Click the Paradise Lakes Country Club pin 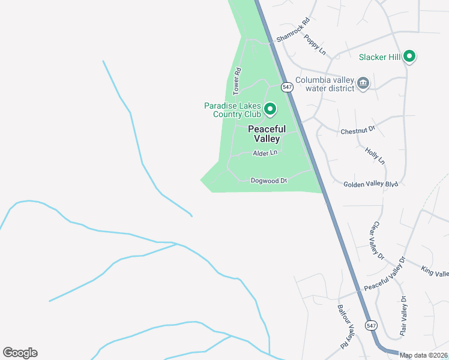pyautogui.click(x=270, y=109)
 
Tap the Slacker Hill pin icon pyautogui.click(x=410, y=57)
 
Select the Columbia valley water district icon pyautogui.click(x=363, y=83)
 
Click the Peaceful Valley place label pyautogui.click(x=264, y=134)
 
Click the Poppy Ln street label pyautogui.click(x=315, y=45)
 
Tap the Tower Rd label pyautogui.click(x=237, y=82)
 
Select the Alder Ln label pyautogui.click(x=265, y=153)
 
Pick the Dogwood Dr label pyautogui.click(x=269, y=180)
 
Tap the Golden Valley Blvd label pyautogui.click(x=371, y=185)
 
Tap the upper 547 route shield pyautogui.click(x=288, y=87)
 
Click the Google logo pyautogui.click(x=20, y=353)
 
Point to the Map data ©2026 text pyautogui.click(x=423, y=355)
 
